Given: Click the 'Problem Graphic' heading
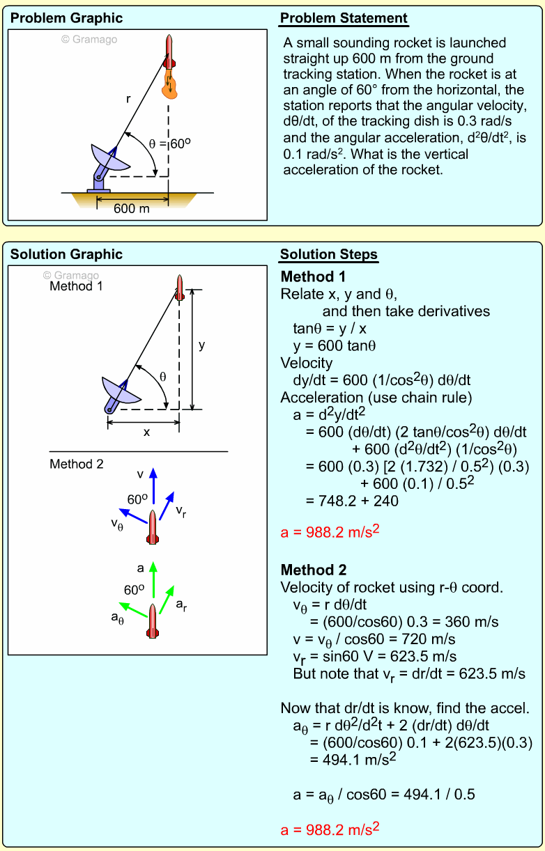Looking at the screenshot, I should (x=66, y=18).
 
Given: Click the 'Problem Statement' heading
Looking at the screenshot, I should (x=344, y=18).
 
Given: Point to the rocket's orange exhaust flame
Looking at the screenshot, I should (x=169, y=84).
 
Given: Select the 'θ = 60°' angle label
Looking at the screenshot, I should (x=170, y=144).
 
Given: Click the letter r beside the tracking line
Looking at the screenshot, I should (x=128, y=100).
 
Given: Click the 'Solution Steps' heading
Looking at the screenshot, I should (x=329, y=254).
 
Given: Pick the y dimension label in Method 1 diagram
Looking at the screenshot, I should (x=202, y=345).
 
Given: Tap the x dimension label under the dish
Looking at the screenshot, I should (x=146, y=432).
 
